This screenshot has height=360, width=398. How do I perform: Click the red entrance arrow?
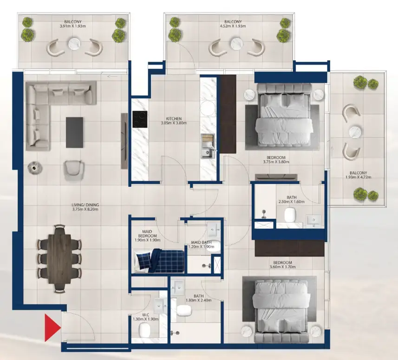(x=52, y=327)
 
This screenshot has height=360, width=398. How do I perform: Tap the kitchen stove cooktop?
(x=140, y=119)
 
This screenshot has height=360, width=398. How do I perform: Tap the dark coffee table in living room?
(x=74, y=130)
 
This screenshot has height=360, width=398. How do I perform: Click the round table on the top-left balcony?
(x=75, y=44)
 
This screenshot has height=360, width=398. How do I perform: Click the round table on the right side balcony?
(x=356, y=131)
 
